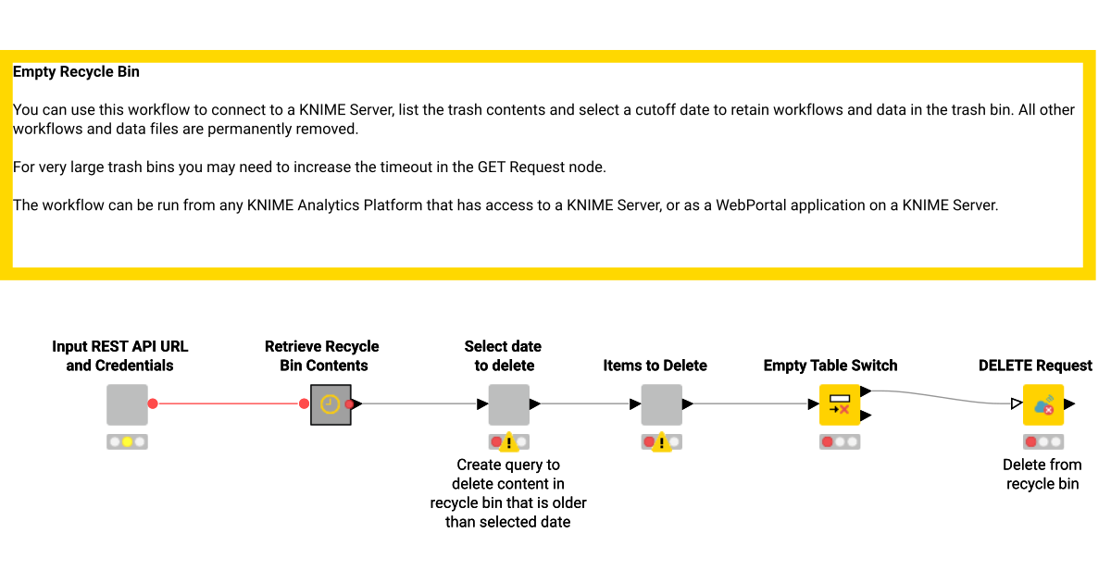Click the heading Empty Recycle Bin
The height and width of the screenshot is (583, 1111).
[76, 71]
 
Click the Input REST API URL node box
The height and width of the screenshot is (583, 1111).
[127, 404]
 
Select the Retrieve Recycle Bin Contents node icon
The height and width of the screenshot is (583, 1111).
[331, 404]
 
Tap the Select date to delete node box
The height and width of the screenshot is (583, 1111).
[508, 404]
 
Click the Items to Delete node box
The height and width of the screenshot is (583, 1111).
[661, 404]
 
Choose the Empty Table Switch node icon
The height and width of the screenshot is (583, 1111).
[840, 404]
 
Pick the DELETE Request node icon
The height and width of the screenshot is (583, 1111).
[1042, 404]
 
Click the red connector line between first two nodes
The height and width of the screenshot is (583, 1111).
[228, 403]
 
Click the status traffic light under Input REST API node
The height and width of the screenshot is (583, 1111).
[127, 441]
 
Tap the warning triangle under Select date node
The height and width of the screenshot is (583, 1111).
[509, 442]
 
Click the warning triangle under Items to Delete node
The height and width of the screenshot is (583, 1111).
[662, 442]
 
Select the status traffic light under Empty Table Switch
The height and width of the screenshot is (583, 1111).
[840, 441]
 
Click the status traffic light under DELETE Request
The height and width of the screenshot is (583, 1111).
[1042, 441]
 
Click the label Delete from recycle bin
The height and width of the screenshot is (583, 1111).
[1042, 474]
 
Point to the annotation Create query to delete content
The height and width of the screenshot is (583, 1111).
[508, 493]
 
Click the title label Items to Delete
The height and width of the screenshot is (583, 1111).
[655, 366]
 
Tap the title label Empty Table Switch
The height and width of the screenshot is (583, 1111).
[830, 366]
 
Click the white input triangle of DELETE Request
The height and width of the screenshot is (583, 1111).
[1017, 403]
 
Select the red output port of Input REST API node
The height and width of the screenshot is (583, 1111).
[153, 403]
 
